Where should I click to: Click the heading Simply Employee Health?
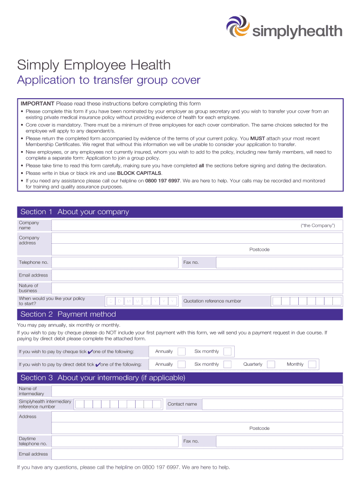[94, 65]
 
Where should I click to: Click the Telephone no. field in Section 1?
[115, 262]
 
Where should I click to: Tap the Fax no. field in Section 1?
[279, 262]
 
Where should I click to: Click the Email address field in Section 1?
[197, 275]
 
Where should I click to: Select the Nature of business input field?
[197, 288]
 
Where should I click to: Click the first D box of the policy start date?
[111, 301]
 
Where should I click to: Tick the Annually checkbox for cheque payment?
[181, 351]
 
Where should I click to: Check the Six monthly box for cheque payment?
[227, 351]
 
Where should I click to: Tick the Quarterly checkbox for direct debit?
[270, 364]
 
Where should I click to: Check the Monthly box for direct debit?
[312, 364]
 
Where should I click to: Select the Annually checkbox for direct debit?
[181, 364]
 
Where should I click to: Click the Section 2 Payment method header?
[68, 314]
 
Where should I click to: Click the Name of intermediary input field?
[197, 391]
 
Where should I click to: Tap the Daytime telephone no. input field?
[115, 441]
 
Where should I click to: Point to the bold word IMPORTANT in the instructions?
[37, 103]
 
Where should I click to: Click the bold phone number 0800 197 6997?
[162, 181]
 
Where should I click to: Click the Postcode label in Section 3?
[259, 428]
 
